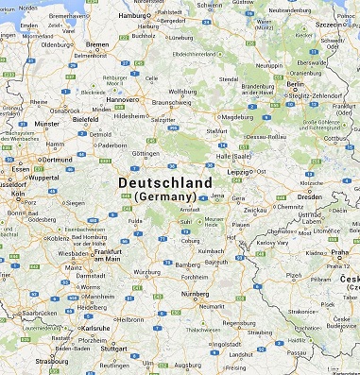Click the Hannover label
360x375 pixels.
(123, 99)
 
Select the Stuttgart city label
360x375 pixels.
(113, 348)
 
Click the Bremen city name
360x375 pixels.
(97, 44)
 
